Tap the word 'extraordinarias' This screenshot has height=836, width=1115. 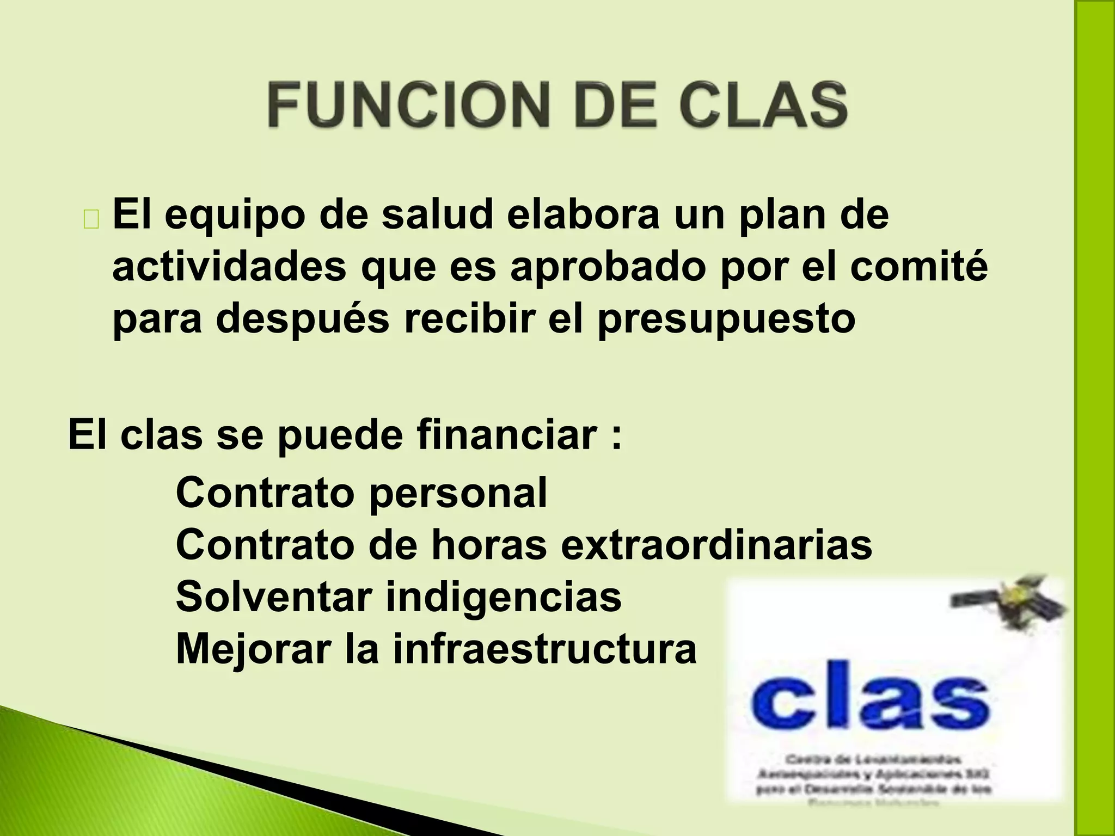point(716,545)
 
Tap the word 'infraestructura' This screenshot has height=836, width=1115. point(544,649)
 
